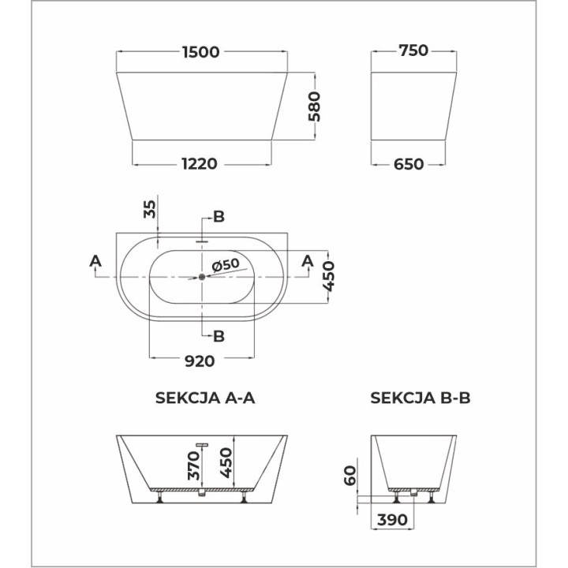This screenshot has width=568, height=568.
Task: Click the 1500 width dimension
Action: (200, 51)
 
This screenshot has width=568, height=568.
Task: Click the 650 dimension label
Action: (408, 164)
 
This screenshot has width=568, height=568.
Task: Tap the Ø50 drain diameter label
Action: (225, 264)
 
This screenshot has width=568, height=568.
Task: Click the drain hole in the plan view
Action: (202, 276)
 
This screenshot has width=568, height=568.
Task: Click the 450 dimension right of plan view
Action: (332, 276)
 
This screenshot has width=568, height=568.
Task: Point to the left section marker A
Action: (95, 260)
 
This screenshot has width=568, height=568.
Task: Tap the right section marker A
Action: (308, 260)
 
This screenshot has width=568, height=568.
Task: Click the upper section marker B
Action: (219, 217)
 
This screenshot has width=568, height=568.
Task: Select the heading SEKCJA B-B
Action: (420, 398)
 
